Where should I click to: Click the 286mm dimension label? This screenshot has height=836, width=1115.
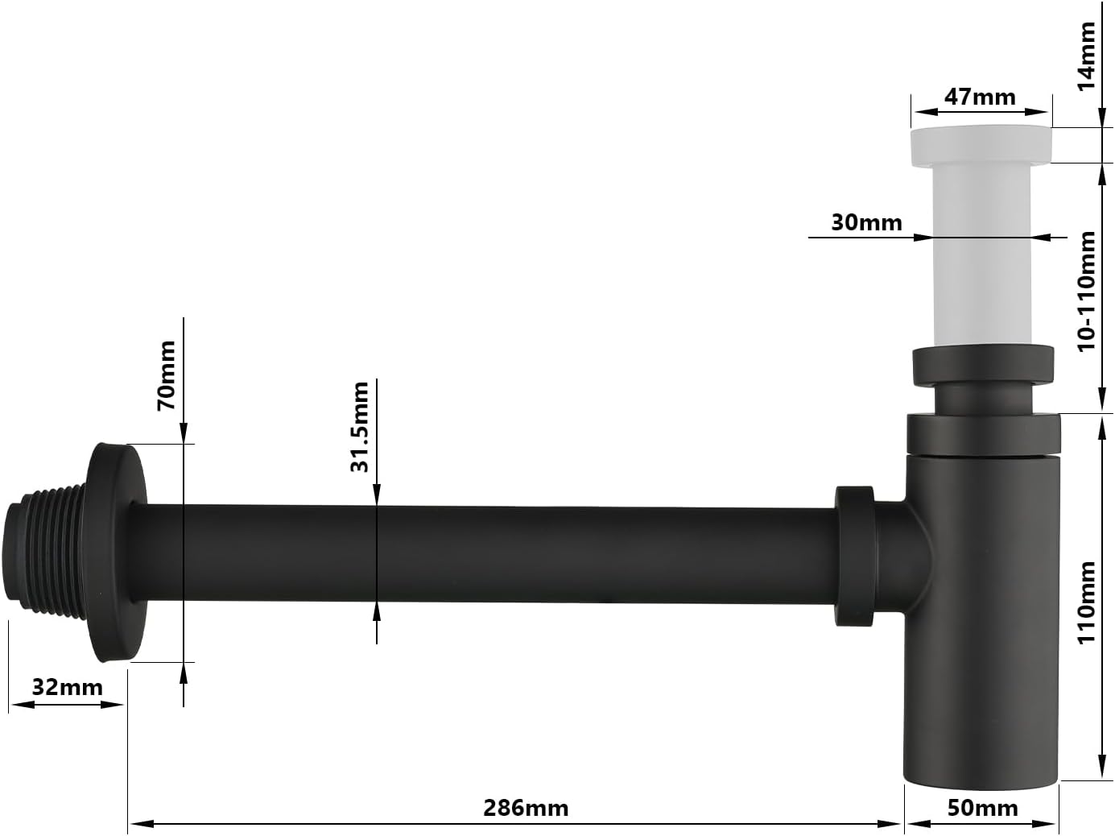pyautogui.click(x=526, y=808)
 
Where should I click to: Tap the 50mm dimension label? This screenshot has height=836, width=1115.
pyautogui.click(x=982, y=808)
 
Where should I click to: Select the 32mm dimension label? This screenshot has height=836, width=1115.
pyautogui.click(x=67, y=688)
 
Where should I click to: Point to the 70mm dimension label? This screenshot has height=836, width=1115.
pyautogui.click(x=167, y=375)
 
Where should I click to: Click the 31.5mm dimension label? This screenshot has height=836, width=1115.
pyautogui.click(x=360, y=427)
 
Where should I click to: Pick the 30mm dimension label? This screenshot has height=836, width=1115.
pyautogui.click(x=866, y=222)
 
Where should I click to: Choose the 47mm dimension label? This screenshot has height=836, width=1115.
pyautogui.click(x=980, y=97)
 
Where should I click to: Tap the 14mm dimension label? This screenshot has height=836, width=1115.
pyautogui.click(x=1087, y=56)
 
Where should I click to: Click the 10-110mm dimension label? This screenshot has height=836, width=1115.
pyautogui.click(x=1087, y=292)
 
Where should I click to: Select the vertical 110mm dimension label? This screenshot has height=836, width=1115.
pyautogui.click(x=1087, y=602)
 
